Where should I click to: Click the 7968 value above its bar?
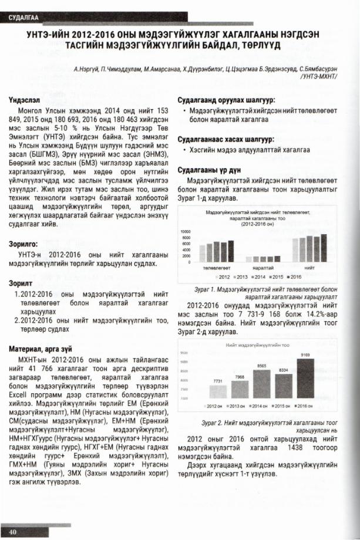point(239,376)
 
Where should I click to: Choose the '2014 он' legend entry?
point(263,406)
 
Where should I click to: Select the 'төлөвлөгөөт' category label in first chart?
point(216,267)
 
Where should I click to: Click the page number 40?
point(15,531)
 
